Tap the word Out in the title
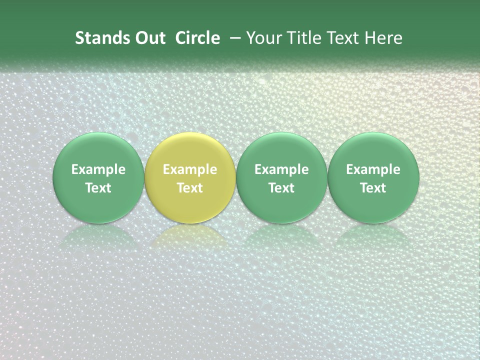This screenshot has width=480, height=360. (x=149, y=38)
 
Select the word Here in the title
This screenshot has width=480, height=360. (x=384, y=38)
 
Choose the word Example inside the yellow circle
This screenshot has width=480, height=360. (x=190, y=169)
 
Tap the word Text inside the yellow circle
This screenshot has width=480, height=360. (x=190, y=188)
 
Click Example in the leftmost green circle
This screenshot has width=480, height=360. (x=98, y=169)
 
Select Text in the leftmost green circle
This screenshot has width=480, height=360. (x=98, y=188)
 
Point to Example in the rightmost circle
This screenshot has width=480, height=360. (x=373, y=169)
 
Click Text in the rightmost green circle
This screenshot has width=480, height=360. (x=373, y=188)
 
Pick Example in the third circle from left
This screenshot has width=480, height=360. (x=281, y=169)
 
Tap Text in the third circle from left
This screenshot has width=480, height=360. (x=281, y=188)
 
